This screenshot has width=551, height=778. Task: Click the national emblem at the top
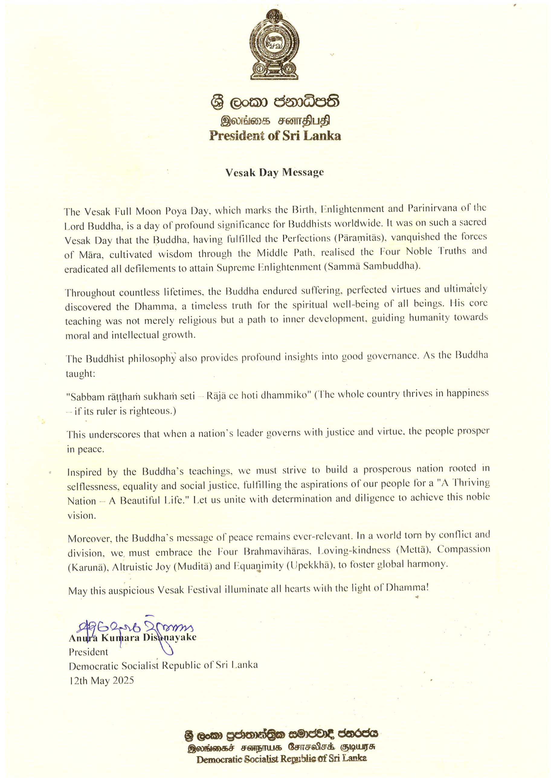point(275,45)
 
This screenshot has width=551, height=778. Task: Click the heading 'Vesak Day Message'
point(275,173)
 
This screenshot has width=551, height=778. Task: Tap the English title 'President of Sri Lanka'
point(275,136)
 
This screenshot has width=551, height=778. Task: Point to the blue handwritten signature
point(136,629)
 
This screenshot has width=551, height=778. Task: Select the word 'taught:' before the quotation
point(81,373)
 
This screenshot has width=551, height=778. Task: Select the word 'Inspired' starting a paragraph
point(85,472)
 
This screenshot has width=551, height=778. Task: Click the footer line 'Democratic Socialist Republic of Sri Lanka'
point(282,759)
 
